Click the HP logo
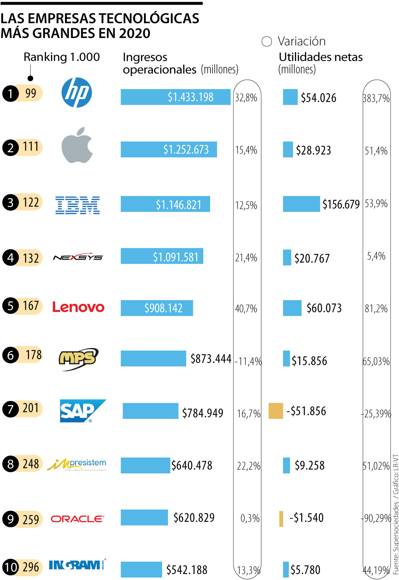[77, 93]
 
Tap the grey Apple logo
[77, 146]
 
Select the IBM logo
[77, 205]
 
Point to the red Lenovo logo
[78, 307]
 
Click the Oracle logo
[77, 519]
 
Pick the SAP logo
[82, 411]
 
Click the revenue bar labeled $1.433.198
[175, 97]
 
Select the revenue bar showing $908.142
[157, 308]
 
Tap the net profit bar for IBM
[301, 204]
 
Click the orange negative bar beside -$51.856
[276, 411]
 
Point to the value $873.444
[211, 359]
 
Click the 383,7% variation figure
[376, 98]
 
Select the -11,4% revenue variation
[248, 361]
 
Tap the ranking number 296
[31, 567]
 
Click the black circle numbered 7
[11, 409]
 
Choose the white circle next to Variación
[267, 42]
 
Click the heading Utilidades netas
[321, 57]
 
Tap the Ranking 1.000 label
[62, 57]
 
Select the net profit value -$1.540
[306, 518]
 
